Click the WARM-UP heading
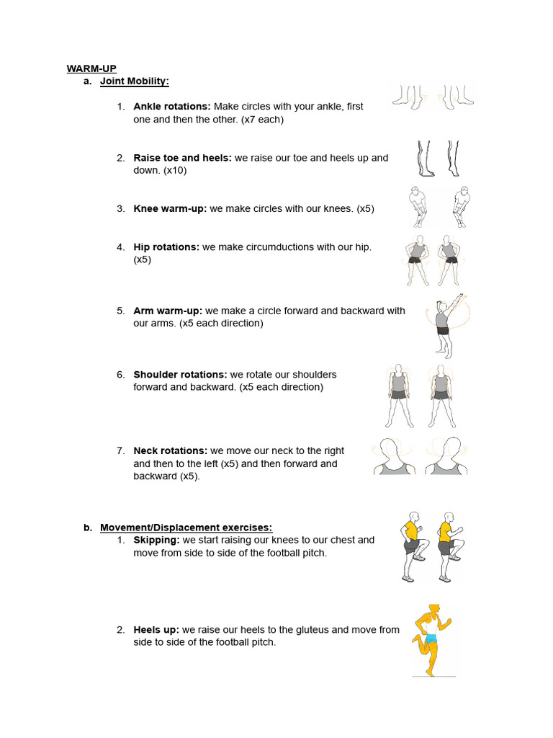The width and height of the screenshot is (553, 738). pos(91,68)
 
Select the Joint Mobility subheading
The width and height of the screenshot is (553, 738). pos(134,81)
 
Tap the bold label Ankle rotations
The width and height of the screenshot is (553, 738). pos(172,107)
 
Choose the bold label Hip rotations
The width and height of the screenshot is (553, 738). pos(166,247)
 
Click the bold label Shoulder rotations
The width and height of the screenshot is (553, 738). pos(180,375)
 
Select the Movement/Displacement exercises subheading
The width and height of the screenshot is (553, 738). pos(186,528)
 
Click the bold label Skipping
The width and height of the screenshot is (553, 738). pos(156,540)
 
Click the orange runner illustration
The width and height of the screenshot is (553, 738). pos(432,640)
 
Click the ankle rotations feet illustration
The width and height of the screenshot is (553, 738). pos(433,97)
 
